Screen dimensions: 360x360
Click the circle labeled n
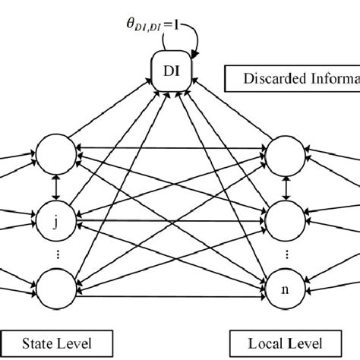pos(285,288)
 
